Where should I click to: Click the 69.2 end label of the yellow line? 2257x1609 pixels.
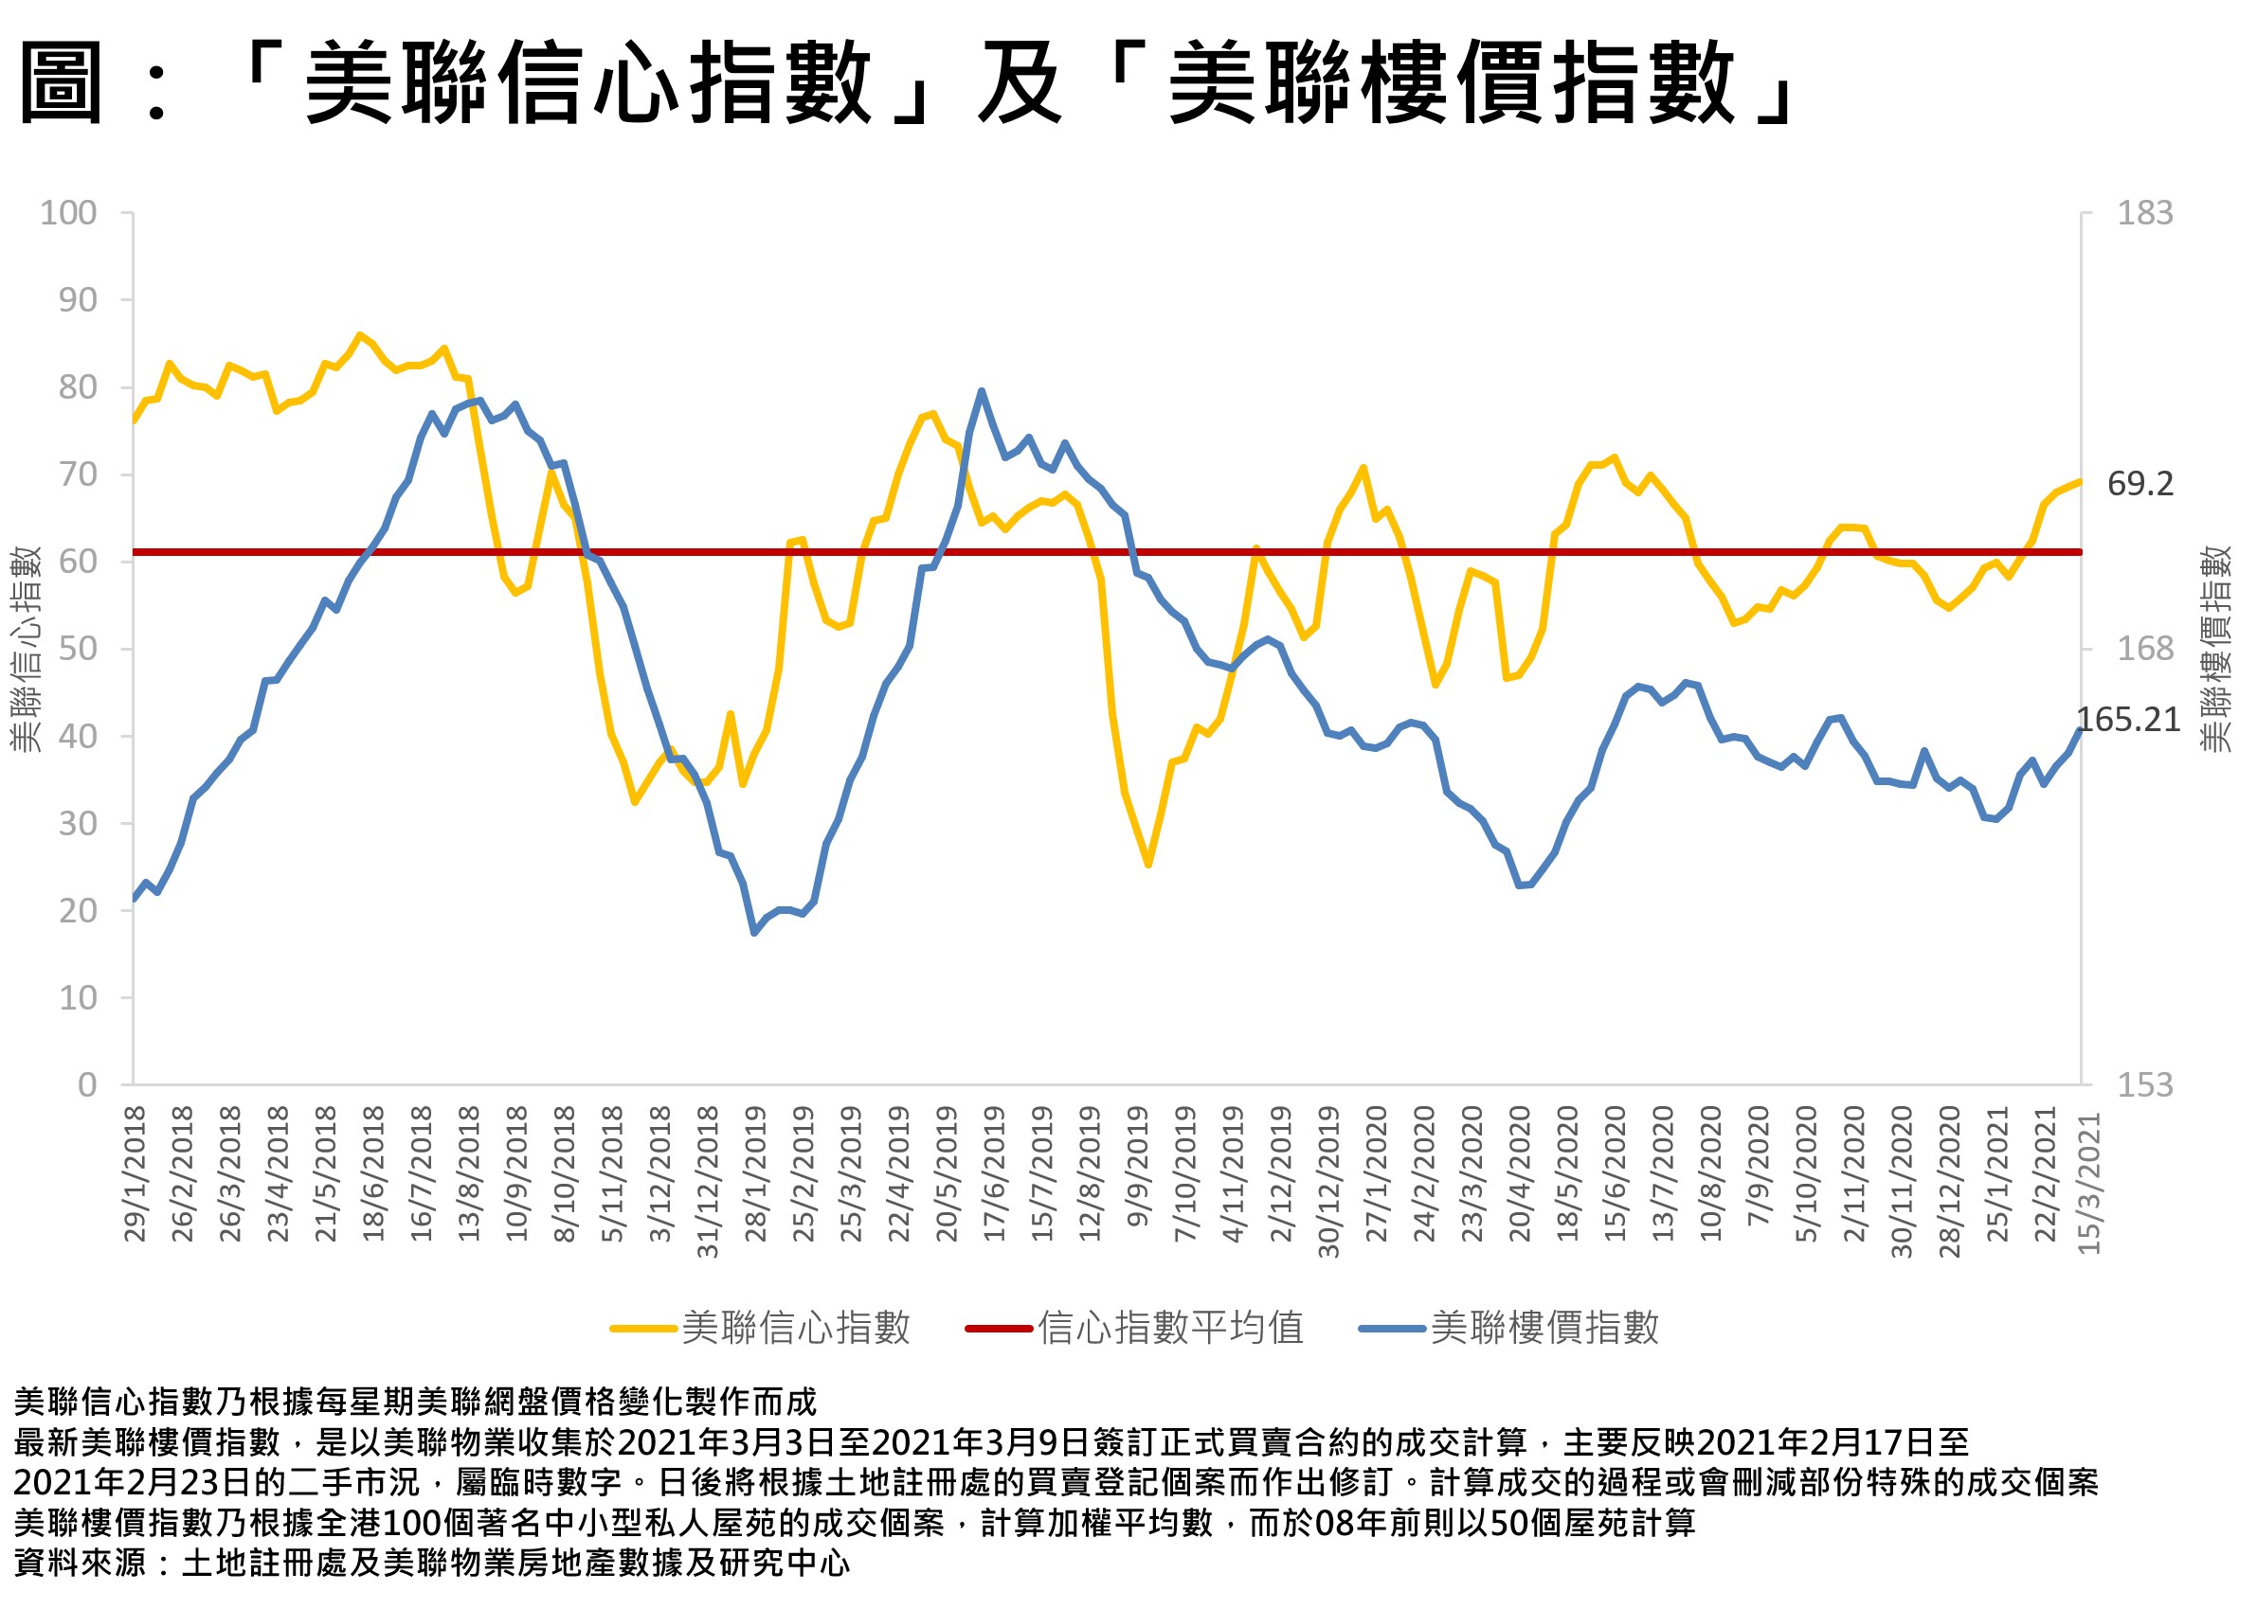click(2140, 484)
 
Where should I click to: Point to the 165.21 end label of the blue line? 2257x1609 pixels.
click(2127, 720)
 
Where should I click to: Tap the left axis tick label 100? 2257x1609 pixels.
click(68, 212)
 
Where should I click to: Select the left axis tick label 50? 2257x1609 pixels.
click(78, 649)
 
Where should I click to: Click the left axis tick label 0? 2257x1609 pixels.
click(87, 1085)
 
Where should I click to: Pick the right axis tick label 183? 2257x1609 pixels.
click(2144, 212)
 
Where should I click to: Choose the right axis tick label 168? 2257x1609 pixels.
click(2144, 649)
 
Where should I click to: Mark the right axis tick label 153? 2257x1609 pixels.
click(2144, 1085)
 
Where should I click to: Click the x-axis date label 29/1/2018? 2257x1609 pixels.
click(135, 1174)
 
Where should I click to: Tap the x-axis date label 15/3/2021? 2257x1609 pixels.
click(2088, 1184)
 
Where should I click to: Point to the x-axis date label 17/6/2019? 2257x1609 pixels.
click(994, 1174)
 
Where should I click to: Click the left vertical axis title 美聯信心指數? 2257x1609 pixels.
click(26, 649)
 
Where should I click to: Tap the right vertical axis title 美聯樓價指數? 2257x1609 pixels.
click(2216, 649)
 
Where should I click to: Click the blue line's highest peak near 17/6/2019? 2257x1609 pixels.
click(982, 390)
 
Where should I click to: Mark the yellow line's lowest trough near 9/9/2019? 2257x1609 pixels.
click(1147, 864)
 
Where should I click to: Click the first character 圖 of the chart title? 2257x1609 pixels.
click(62, 83)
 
